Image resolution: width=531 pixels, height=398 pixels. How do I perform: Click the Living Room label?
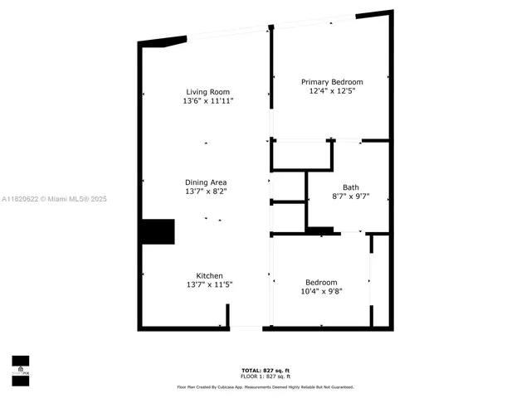click(x=207, y=91)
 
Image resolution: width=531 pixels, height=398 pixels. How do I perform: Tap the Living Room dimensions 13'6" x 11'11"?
click(x=208, y=100)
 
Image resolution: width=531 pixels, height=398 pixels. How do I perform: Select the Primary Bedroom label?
click(x=332, y=81)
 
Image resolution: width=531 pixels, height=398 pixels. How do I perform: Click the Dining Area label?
click(x=206, y=182)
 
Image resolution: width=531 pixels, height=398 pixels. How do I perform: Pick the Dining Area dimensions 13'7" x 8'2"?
click(x=206, y=191)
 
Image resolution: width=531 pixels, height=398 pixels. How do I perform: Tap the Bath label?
click(x=351, y=187)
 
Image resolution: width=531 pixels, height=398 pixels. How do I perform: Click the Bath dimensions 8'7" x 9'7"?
click(x=351, y=197)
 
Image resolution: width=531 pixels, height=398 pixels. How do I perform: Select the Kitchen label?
click(x=209, y=275)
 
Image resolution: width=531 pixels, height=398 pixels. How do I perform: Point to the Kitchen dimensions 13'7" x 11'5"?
click(x=208, y=284)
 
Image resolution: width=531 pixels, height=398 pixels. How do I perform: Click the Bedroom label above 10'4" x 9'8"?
click(x=321, y=282)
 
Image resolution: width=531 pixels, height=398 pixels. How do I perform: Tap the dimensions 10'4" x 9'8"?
click(x=321, y=291)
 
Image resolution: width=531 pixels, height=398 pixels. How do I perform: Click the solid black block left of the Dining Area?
click(x=157, y=231)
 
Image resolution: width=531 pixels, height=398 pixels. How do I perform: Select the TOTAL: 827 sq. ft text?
click(x=265, y=370)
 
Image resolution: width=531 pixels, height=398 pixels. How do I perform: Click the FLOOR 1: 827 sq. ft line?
click(x=265, y=376)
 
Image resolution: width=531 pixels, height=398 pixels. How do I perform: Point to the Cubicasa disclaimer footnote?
click(x=265, y=386)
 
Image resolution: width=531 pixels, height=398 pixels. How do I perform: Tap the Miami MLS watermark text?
click(x=54, y=199)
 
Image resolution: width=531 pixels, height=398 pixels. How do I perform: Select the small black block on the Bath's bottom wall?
click(x=319, y=230)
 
